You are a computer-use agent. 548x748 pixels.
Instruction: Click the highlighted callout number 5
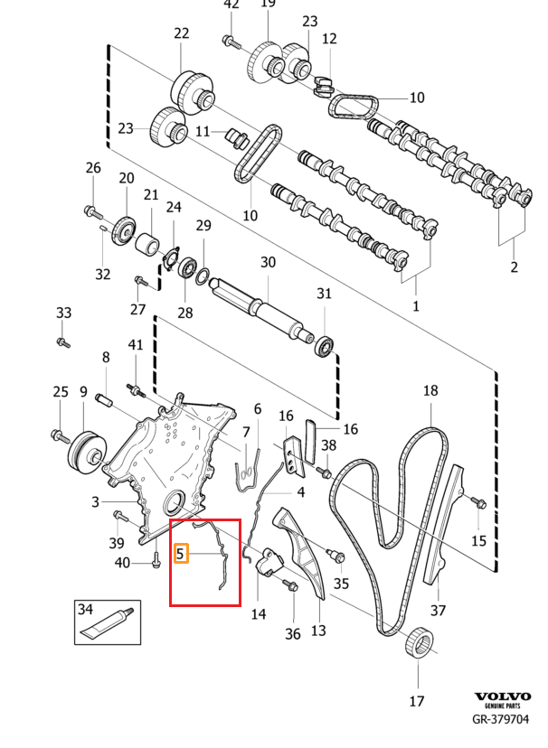pos(181,554)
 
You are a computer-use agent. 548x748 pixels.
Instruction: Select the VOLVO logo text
pos(502,697)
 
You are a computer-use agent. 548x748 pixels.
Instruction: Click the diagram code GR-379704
pos(500,719)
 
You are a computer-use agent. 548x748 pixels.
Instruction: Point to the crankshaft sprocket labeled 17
pos(420,641)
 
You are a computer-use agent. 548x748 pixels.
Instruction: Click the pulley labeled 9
pos(86,453)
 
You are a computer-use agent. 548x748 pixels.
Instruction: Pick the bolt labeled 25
pos(61,435)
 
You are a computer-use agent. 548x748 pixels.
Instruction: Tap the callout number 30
pos(268,262)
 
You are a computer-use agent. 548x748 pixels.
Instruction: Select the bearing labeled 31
pos(326,346)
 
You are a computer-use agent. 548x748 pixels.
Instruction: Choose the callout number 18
pos(430,390)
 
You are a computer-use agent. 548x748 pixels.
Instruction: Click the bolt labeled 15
pos(477,502)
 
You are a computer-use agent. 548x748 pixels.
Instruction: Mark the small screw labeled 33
pos(63,341)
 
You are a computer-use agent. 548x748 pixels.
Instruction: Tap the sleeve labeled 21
pos(147,245)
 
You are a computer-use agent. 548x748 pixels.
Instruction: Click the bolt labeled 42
pos(231,41)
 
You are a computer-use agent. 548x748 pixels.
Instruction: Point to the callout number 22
pos(182,33)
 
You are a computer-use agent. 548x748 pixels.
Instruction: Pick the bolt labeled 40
pos(156,559)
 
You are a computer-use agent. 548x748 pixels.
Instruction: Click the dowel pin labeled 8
pos(105,400)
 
